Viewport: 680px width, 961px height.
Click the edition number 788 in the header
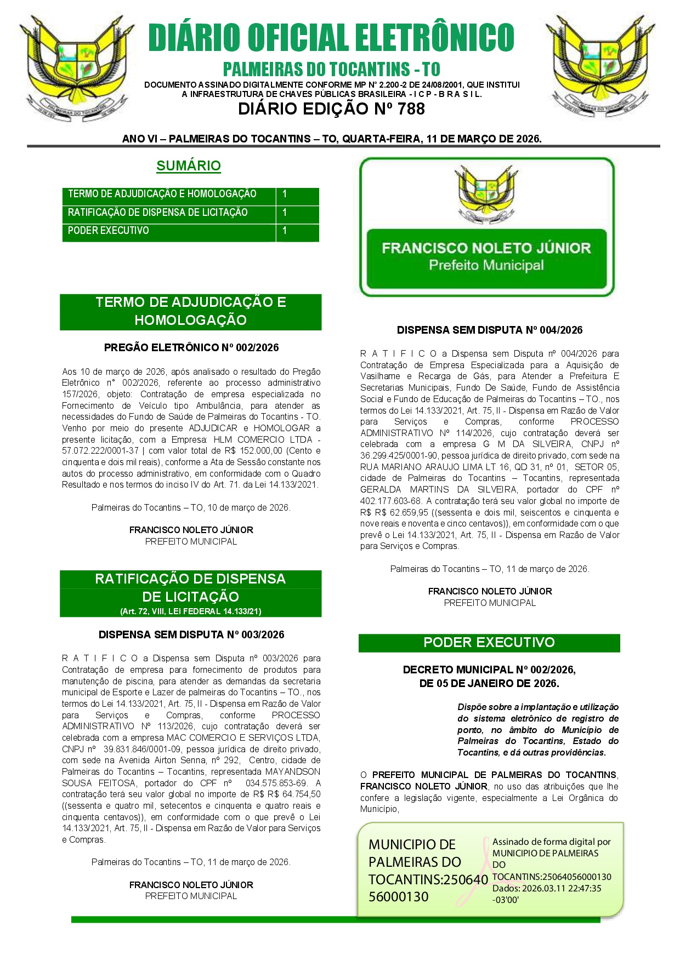click(411, 109)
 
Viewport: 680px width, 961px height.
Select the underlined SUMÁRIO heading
click(189, 165)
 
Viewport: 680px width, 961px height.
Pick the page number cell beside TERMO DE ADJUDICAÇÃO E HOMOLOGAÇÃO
click(297, 194)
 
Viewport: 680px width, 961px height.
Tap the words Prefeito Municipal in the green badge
click(486, 266)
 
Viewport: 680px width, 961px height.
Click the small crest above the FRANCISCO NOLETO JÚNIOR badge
click(486, 194)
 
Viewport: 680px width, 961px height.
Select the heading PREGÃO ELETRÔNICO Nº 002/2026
click(191, 347)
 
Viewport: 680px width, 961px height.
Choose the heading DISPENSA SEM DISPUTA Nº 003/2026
click(191, 634)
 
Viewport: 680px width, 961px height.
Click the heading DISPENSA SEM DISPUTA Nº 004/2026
click(489, 330)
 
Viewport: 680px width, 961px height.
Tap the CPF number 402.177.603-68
click(391, 501)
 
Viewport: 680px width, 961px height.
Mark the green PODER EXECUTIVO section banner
click(489, 643)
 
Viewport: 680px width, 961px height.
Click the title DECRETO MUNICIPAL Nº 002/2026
click(489, 670)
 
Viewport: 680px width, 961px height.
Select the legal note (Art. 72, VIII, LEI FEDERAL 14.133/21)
click(191, 611)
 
